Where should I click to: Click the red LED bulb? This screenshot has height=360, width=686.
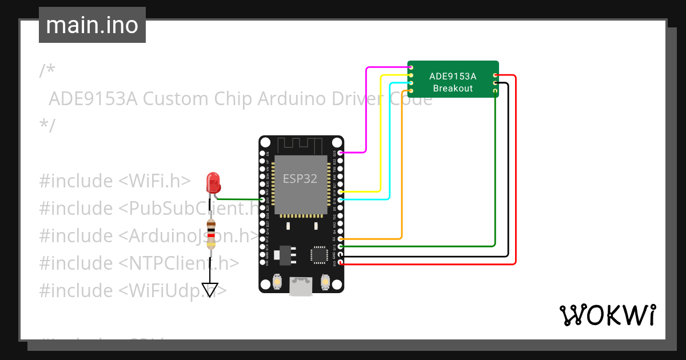(x=213, y=182)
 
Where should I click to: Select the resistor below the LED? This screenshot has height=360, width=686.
(x=212, y=234)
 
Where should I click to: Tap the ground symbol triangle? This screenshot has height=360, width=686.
(x=210, y=290)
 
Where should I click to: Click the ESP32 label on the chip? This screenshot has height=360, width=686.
(x=300, y=178)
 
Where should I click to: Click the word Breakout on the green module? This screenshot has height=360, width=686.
(x=453, y=88)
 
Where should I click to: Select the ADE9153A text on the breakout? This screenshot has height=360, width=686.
(x=453, y=76)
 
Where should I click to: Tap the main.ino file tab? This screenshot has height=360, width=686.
(x=92, y=25)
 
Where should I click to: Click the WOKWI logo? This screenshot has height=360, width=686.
(x=607, y=315)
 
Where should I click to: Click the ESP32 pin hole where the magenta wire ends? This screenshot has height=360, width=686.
(x=341, y=153)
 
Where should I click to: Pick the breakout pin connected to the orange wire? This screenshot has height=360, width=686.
(x=411, y=91)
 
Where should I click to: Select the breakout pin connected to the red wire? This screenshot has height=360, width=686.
(x=495, y=75)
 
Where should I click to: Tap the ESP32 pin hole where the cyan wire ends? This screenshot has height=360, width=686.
(x=341, y=199)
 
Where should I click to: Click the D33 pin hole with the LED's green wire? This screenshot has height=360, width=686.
(x=262, y=199)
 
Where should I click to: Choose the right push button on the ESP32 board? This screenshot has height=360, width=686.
(x=325, y=281)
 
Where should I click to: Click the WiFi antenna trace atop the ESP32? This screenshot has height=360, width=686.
(x=301, y=145)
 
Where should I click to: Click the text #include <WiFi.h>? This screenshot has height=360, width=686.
(x=114, y=181)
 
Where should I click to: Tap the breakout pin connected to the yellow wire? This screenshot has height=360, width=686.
(x=411, y=75)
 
